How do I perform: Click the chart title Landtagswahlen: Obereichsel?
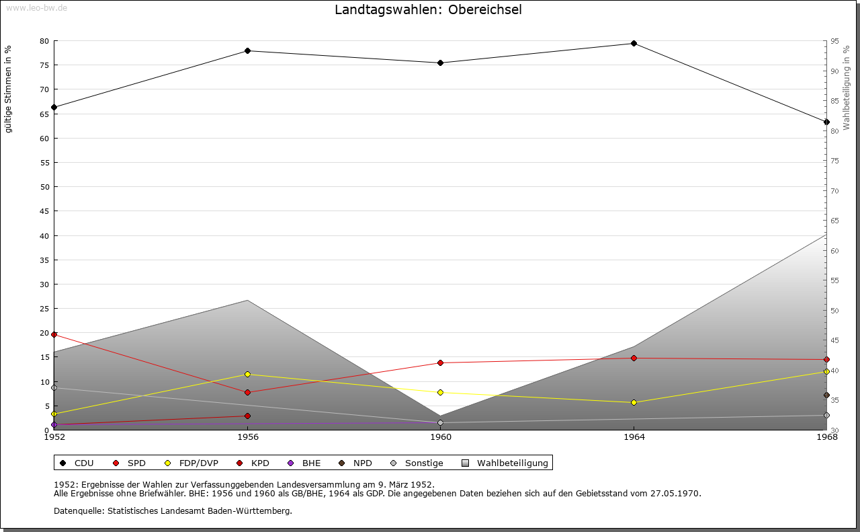tap(428, 10)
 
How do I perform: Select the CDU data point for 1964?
tap(634, 44)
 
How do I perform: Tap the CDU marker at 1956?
tap(247, 51)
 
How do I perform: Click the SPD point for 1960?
tap(440, 363)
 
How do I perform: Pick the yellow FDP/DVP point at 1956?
tap(247, 374)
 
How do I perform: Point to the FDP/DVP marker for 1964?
tap(634, 402)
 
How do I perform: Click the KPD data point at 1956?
tap(247, 416)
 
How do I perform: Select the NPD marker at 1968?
tap(826, 395)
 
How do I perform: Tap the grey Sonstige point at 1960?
tap(440, 423)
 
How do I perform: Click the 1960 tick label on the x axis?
tap(441, 438)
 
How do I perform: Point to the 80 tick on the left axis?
tap(44, 41)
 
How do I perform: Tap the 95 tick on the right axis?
tap(834, 41)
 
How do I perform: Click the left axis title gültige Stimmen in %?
tap(9, 89)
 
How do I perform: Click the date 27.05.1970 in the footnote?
tap(676, 494)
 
